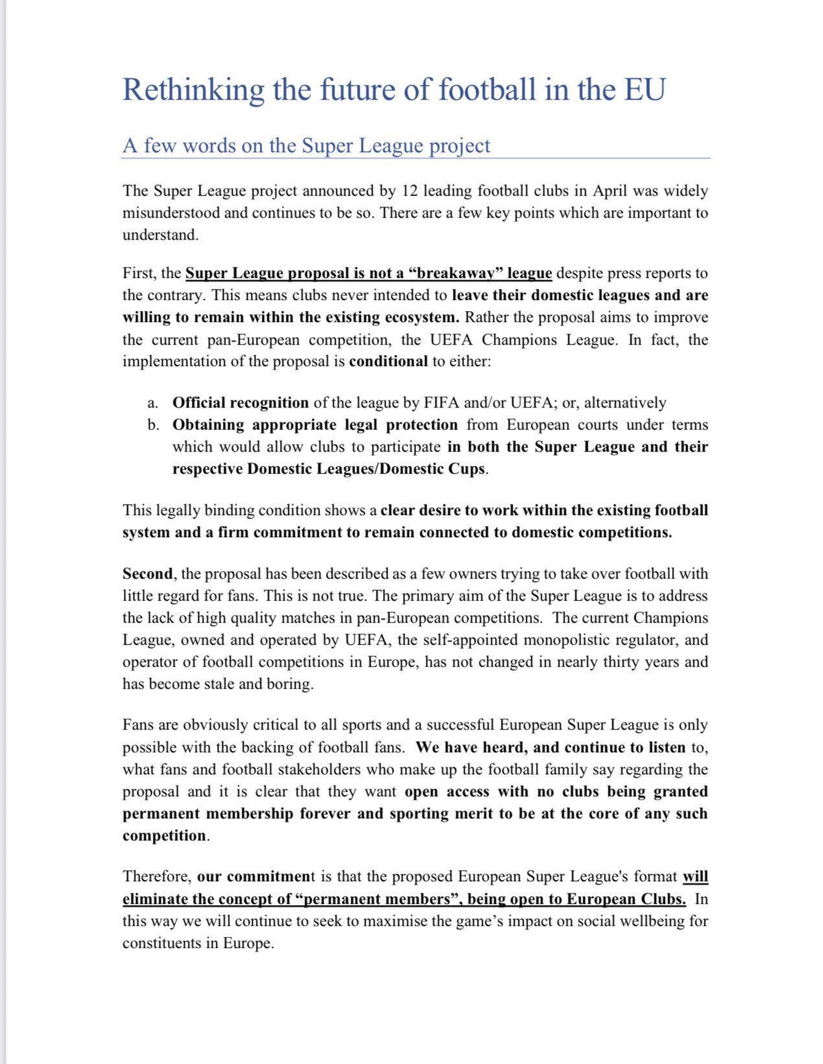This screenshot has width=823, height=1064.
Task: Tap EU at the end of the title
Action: pos(644,89)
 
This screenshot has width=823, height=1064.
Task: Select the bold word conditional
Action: pos(388,362)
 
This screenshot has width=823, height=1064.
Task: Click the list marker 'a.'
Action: pos(153,403)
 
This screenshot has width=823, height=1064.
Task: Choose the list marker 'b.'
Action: pos(154,425)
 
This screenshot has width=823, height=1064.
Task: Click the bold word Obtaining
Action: pos(209,425)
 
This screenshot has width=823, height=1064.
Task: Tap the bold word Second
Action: pos(148,574)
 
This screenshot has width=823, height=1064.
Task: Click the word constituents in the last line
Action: pos(162,943)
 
